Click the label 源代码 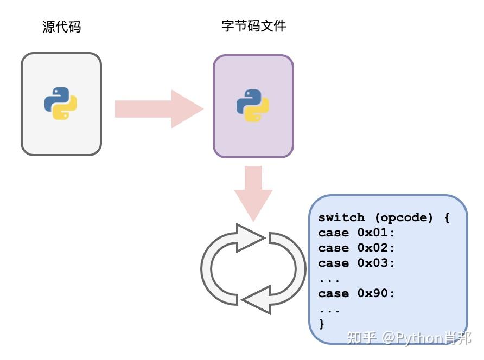[x=61, y=27]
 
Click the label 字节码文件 [x=253, y=26]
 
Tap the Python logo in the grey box [x=61, y=104]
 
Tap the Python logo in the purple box [x=253, y=106]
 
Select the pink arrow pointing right [x=158, y=109]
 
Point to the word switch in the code [x=341, y=217]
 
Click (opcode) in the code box [x=404, y=217]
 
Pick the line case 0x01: [x=356, y=233]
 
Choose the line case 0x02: [x=356, y=248]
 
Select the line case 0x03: [x=356, y=263]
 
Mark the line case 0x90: [x=356, y=293]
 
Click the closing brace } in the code [x=322, y=324]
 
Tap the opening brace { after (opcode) [x=446, y=217]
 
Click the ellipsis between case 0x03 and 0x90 [x=329, y=280]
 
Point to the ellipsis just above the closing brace [x=329, y=310]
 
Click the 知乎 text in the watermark [x=361, y=338]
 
